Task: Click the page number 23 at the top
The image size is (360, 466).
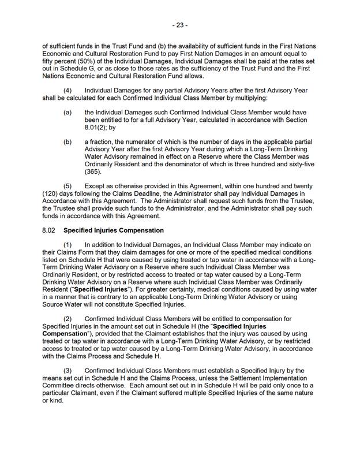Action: (179, 25)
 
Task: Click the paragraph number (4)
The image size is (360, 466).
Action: (68, 91)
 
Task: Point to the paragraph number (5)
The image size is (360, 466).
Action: (68, 186)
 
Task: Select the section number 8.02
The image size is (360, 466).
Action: (50, 230)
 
